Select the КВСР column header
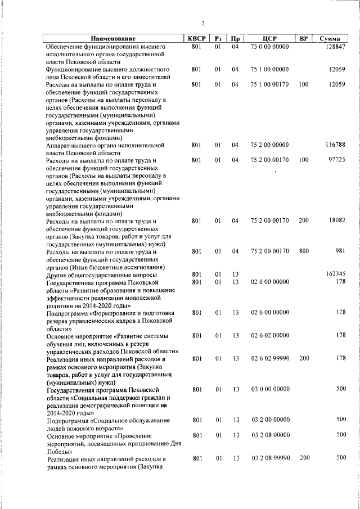(x=196, y=39)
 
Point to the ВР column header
(x=304, y=39)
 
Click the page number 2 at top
(x=203, y=23)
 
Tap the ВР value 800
(x=304, y=251)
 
